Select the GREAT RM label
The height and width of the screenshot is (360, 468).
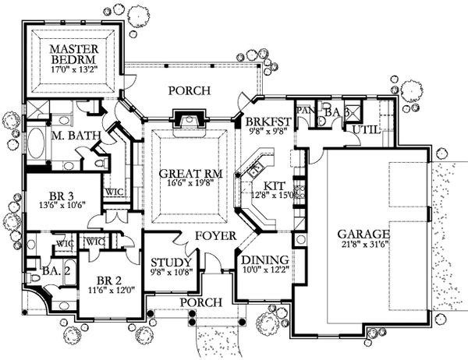point(182,172)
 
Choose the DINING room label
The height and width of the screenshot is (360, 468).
point(262,259)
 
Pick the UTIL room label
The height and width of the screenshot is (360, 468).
point(366,129)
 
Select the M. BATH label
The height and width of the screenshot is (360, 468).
point(75,136)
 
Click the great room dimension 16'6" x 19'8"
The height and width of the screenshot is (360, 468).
point(182,184)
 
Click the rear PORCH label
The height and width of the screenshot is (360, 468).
point(190,91)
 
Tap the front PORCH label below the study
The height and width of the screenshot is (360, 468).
point(195,301)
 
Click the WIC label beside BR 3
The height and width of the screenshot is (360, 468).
point(112,191)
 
